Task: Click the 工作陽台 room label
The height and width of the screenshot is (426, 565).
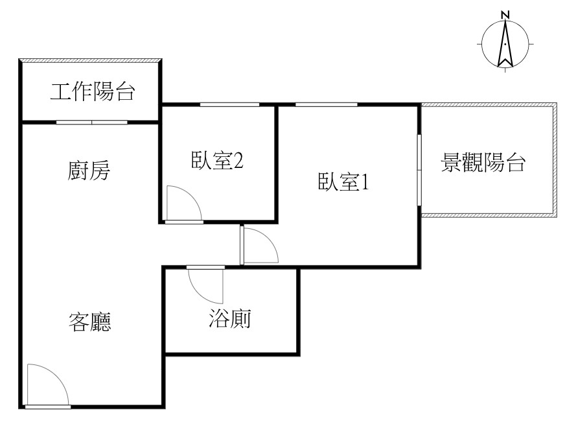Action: point(93,91)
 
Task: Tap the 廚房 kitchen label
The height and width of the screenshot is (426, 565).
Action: point(89,171)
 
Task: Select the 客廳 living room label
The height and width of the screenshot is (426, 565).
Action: point(89,322)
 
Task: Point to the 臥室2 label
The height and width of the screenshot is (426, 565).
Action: point(217,160)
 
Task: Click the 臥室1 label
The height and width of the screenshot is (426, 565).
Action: point(343,182)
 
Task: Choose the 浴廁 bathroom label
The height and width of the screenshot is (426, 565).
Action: point(229,318)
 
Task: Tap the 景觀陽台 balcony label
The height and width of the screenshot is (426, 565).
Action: point(483,163)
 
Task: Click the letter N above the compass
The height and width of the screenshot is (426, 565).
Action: point(505,15)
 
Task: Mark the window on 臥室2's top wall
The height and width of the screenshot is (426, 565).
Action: point(229,104)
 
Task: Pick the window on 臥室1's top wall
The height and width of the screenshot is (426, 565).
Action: point(327,104)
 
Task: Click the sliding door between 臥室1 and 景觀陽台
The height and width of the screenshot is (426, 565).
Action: point(419,170)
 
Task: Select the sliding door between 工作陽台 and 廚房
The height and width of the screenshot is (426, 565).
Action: point(91,123)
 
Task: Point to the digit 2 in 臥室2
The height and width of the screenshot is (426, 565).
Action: point(238,161)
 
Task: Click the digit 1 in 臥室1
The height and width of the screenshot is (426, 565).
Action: point(365,182)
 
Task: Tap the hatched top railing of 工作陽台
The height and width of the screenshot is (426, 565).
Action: point(90,60)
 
